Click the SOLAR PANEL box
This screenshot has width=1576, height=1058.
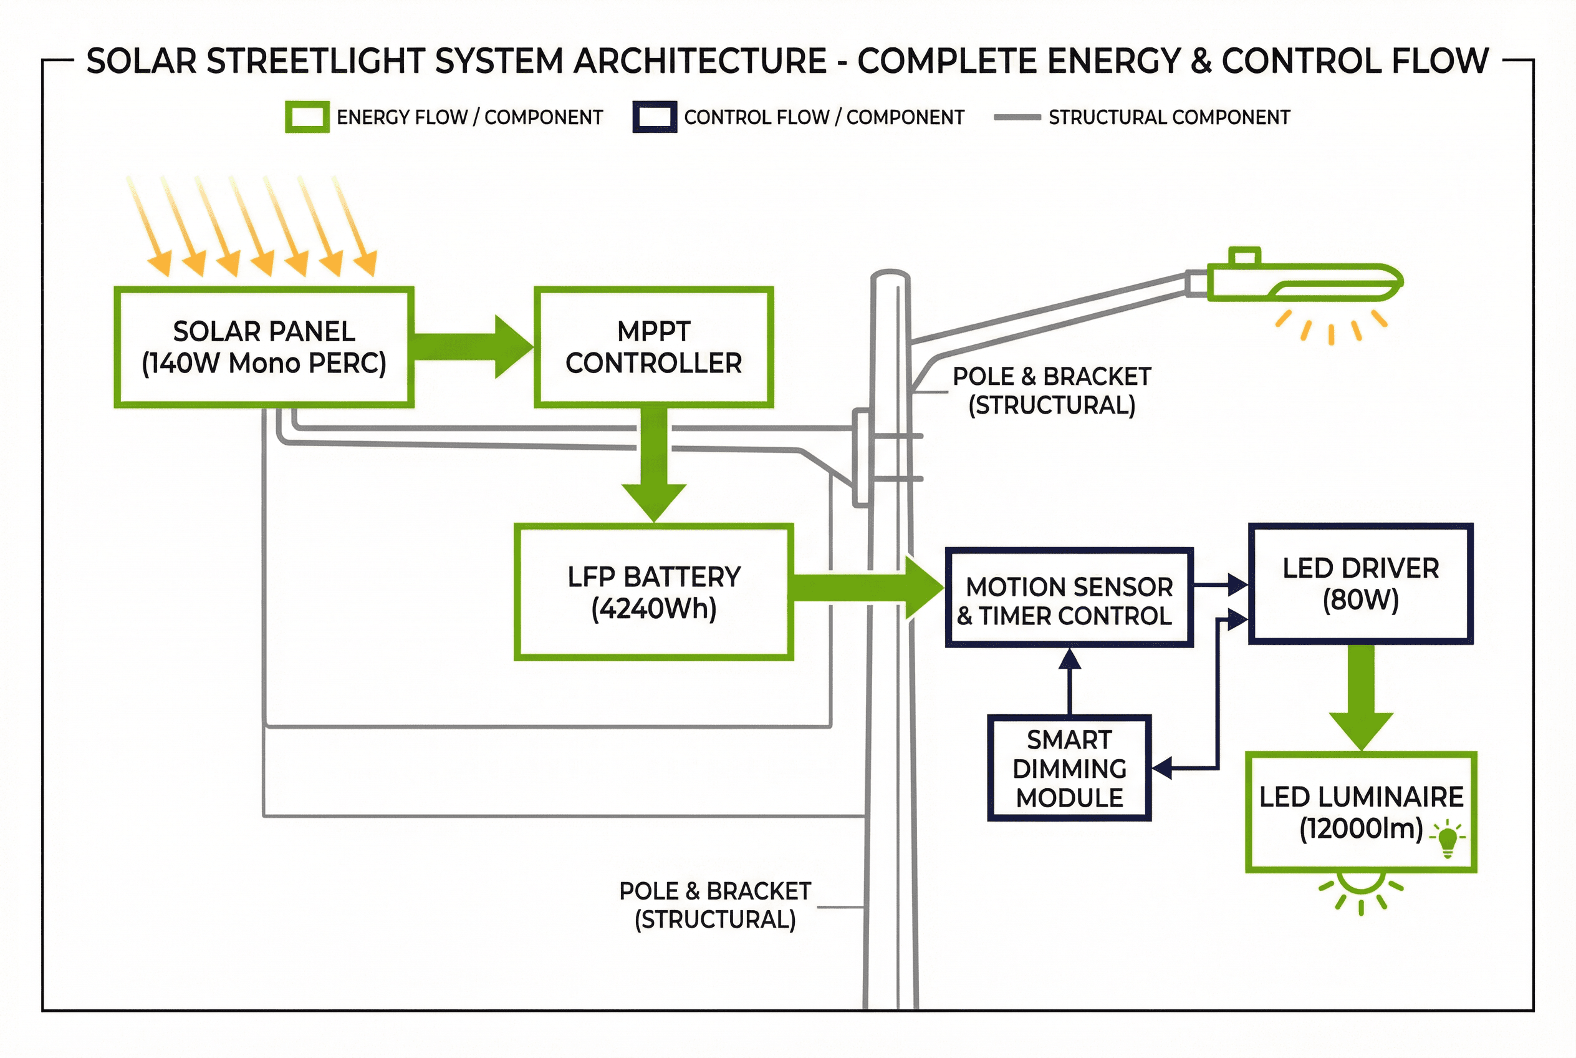click(263, 347)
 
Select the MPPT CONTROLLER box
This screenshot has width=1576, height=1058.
click(653, 347)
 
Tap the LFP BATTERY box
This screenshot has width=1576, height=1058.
click(653, 592)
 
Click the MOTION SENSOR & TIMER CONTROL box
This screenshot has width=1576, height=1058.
click(1069, 598)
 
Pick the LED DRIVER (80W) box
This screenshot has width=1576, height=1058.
click(1360, 584)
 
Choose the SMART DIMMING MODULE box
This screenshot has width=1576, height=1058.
click(1069, 768)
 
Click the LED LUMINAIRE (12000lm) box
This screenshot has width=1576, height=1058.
click(1360, 812)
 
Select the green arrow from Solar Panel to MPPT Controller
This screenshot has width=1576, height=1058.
click(472, 347)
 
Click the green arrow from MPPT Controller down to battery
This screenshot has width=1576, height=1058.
click(653, 465)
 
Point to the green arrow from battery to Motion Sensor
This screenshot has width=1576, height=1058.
click(867, 587)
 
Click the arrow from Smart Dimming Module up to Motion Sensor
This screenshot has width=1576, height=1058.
click(1070, 681)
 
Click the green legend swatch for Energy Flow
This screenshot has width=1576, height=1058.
click(307, 117)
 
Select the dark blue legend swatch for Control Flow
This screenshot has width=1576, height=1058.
click(654, 117)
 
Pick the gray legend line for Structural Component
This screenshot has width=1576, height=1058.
click(1017, 117)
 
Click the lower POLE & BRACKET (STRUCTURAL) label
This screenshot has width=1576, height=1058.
click(715, 905)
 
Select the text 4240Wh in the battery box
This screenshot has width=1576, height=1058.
click(653, 609)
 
